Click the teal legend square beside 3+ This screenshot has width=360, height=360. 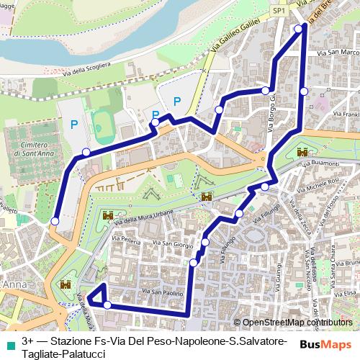[x=9, y=339]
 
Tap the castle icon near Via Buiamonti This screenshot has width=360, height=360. [x=302, y=153]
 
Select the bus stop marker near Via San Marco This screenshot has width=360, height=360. [x=304, y=91]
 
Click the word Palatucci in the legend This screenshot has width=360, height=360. [x=78, y=351]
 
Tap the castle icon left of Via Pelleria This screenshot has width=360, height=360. [x=108, y=215]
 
